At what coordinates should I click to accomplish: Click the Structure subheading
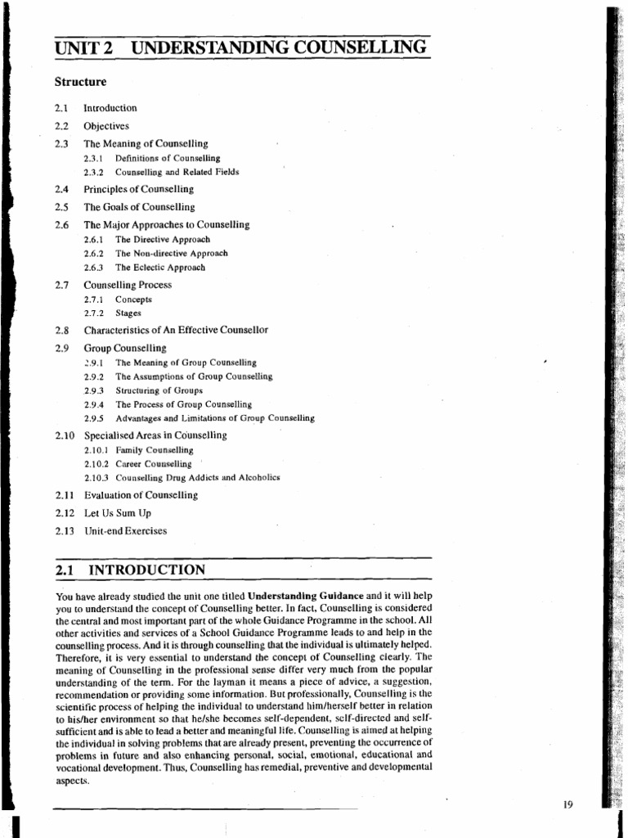click(x=80, y=82)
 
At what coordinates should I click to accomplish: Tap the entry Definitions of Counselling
click(x=167, y=158)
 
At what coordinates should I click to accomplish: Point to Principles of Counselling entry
click(x=138, y=190)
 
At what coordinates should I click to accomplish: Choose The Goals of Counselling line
click(x=139, y=207)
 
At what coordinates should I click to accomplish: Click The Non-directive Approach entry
click(x=171, y=254)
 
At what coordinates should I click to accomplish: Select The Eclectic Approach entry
click(x=159, y=268)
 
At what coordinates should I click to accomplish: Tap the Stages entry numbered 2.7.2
click(x=128, y=313)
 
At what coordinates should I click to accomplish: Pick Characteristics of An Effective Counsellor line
click(x=176, y=330)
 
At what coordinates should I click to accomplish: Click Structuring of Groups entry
click(x=159, y=390)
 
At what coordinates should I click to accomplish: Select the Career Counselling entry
click(x=154, y=464)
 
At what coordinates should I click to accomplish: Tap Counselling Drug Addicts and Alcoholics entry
click(x=197, y=478)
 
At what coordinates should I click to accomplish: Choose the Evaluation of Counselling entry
click(x=141, y=495)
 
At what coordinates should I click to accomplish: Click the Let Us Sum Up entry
click(x=117, y=513)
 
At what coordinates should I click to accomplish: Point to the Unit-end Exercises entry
click(x=125, y=531)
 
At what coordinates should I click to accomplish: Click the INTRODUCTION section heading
click(x=146, y=570)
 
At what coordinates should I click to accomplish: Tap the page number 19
click(x=569, y=804)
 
